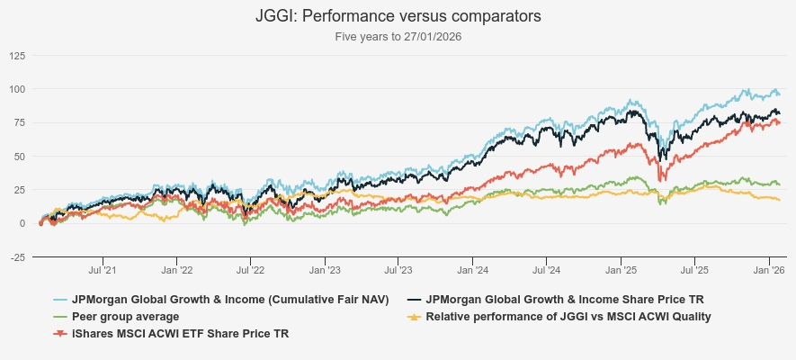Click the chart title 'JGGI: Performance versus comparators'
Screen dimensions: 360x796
[x=398, y=17]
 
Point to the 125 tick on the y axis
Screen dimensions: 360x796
[x=17, y=56]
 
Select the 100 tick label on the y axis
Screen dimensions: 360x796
[x=17, y=89]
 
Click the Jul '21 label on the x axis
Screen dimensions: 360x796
[x=103, y=269]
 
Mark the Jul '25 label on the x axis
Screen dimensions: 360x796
[x=694, y=269]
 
